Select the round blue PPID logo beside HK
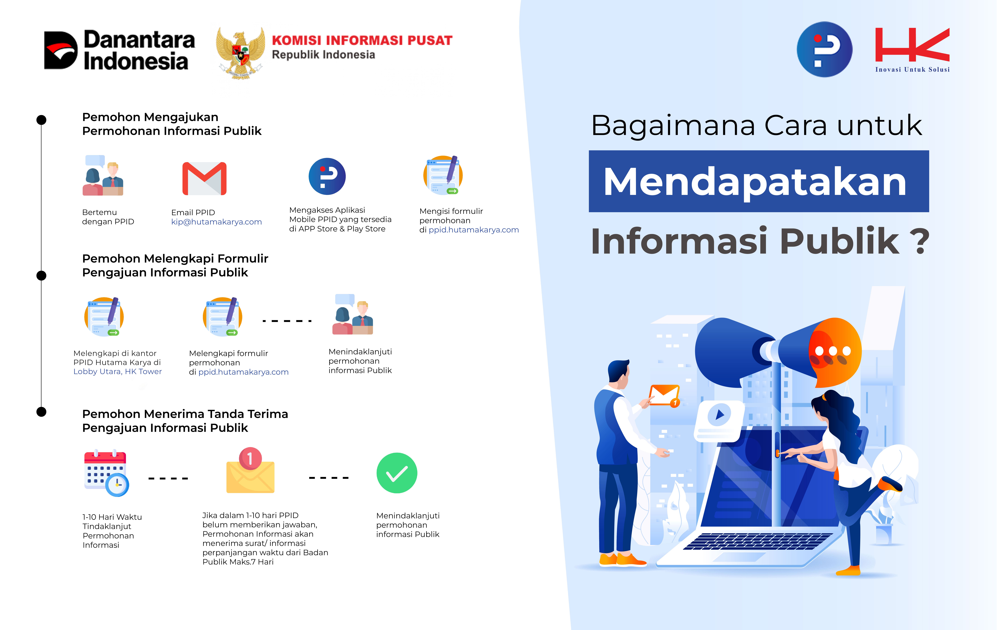pos(824,49)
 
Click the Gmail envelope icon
pos(205,178)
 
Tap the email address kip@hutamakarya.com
pos(217,222)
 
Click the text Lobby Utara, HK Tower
pos(118,371)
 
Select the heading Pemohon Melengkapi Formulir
pos(175,259)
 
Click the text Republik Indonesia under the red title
pos(323,55)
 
